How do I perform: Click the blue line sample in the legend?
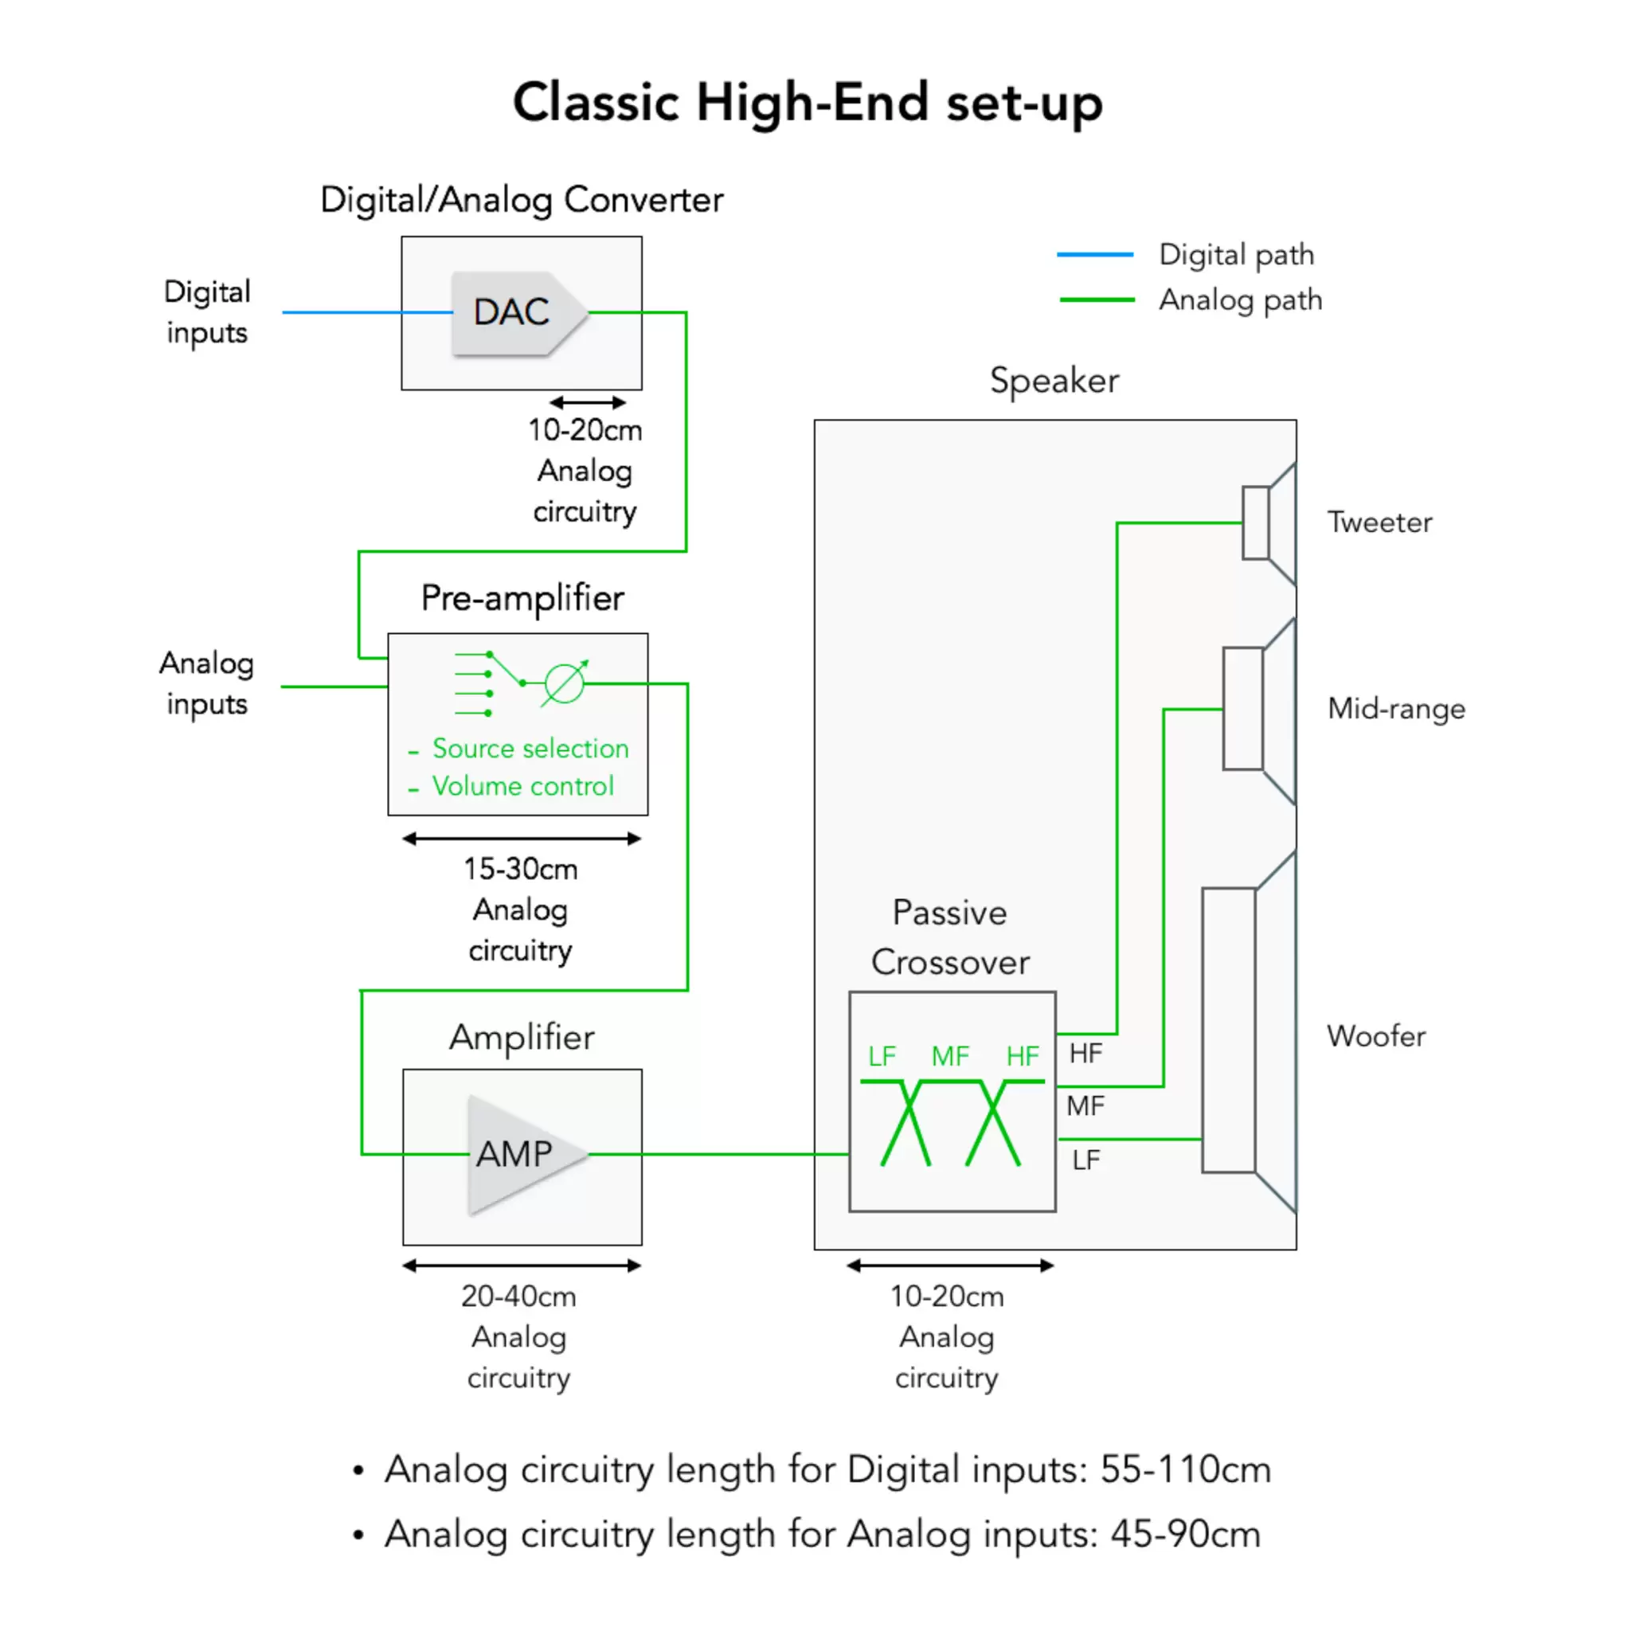click(1095, 254)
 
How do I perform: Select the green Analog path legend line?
click(1097, 299)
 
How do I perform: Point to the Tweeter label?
click(1379, 522)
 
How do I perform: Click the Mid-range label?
click(1396, 708)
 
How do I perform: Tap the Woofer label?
click(1376, 1036)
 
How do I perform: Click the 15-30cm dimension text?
click(520, 869)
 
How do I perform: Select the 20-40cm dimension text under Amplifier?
click(518, 1296)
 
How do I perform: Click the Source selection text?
click(530, 749)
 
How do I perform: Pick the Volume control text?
click(522, 786)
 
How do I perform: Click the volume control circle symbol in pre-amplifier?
click(564, 683)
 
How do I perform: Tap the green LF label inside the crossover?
click(882, 1056)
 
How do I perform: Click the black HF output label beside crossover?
click(1085, 1054)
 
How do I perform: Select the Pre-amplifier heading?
click(522, 598)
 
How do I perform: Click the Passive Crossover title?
click(951, 937)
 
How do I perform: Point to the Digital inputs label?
click(207, 311)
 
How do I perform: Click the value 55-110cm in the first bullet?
click(1185, 1470)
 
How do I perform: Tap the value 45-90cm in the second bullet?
click(1185, 1534)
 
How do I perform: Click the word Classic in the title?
click(596, 103)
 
